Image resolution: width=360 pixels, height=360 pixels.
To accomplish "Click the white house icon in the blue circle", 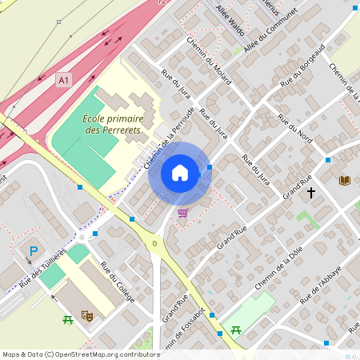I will point(180,173).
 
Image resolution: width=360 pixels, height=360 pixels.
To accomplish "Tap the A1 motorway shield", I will point(64,80).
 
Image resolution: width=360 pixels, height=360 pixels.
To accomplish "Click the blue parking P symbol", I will point(34,251).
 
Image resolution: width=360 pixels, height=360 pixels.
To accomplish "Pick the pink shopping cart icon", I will point(182,213).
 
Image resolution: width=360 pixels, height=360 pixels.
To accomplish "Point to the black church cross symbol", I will point(310,192).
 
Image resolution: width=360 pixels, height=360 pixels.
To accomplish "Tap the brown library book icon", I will point(345,181).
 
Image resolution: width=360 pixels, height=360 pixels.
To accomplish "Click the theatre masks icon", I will point(89,317).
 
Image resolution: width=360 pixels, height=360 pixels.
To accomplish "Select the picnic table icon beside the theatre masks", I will point(68,320).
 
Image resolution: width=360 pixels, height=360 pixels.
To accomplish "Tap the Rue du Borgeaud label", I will point(302,67).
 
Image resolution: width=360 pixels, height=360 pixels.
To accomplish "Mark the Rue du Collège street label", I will point(118,282).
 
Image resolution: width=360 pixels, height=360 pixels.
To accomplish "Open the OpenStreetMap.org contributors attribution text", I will point(81,354).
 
